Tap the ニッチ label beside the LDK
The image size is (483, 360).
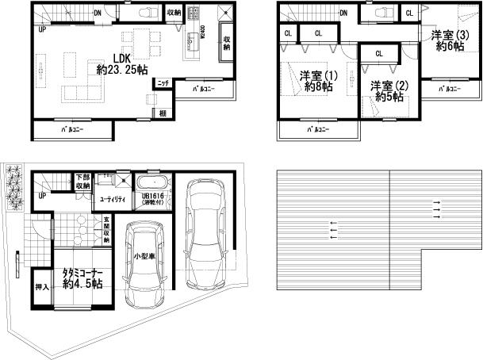tap(162, 82)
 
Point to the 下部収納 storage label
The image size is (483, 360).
tap(82, 182)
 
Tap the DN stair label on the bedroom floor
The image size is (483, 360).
tap(343, 13)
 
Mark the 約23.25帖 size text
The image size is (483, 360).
tap(121, 69)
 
